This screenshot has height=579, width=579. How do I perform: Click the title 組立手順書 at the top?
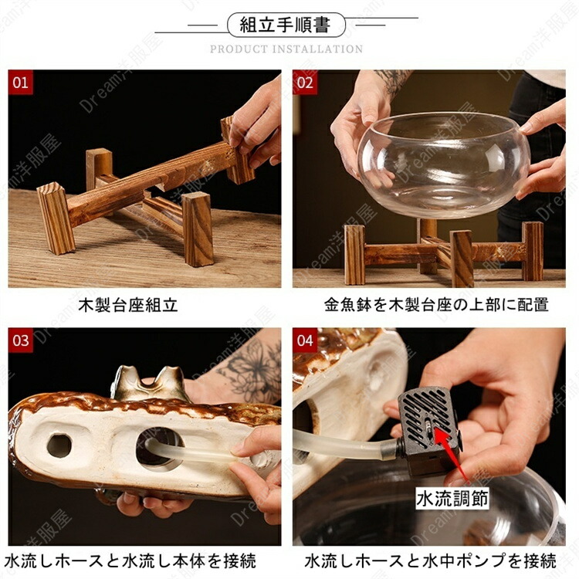coord(285,25)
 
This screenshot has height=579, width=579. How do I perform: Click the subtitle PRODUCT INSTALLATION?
coord(286,49)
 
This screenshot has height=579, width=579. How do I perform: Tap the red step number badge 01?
coord(20,82)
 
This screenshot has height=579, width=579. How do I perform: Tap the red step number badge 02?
coord(305,82)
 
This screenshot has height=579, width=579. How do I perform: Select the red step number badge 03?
coord(20,340)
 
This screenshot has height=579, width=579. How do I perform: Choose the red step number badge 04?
coord(305,340)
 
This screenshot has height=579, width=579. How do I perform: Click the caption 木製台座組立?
coord(127,306)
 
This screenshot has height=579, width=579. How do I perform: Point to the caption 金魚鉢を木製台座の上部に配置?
coord(436,305)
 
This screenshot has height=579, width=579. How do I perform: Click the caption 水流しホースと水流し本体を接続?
coord(130,561)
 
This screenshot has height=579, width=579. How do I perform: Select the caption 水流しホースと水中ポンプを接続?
coord(430,561)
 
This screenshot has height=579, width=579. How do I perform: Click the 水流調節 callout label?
coord(452,499)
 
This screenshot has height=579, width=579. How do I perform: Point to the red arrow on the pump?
coord(452,452)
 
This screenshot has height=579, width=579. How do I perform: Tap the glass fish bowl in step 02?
coord(443,164)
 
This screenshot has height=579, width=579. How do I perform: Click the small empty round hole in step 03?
coord(59,446)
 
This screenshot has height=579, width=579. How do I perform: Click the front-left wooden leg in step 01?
coord(56,218)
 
